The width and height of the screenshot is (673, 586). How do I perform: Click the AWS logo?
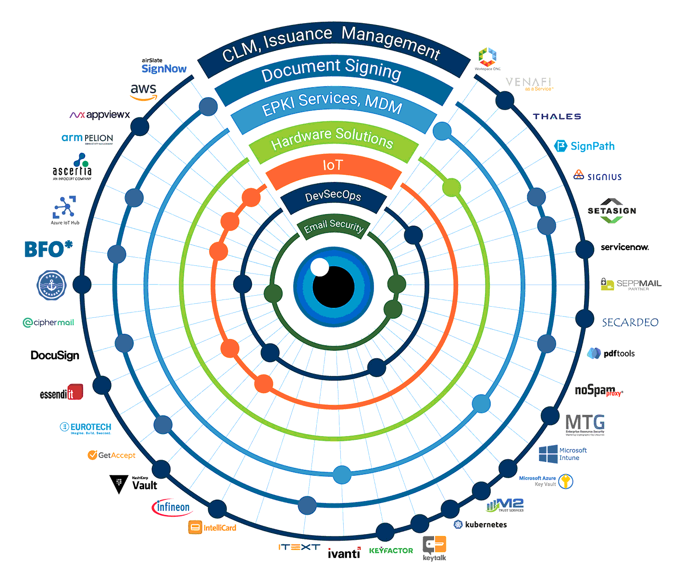coord(144,91)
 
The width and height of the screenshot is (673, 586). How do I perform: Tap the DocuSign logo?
coord(55,355)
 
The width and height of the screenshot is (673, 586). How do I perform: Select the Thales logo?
coord(557,116)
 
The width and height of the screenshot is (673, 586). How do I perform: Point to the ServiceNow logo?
coord(624,247)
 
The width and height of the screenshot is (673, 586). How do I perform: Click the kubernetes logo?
coord(480,524)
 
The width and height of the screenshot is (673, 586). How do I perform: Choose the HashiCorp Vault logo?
coord(134,484)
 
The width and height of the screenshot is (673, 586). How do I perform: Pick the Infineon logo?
coord(172,507)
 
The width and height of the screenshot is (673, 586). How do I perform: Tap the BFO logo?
coord(48,249)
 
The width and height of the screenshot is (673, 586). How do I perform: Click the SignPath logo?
coord(585,146)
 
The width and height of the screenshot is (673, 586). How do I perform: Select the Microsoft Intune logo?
coord(562,454)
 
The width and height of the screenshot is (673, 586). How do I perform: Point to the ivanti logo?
coord(344,553)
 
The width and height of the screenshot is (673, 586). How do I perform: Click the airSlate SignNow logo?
coord(163,67)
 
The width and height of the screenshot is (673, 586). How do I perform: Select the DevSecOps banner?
coord(333,197)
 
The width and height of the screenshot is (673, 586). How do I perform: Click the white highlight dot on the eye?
coord(320,267)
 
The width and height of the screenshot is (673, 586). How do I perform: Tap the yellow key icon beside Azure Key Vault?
coord(566,481)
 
